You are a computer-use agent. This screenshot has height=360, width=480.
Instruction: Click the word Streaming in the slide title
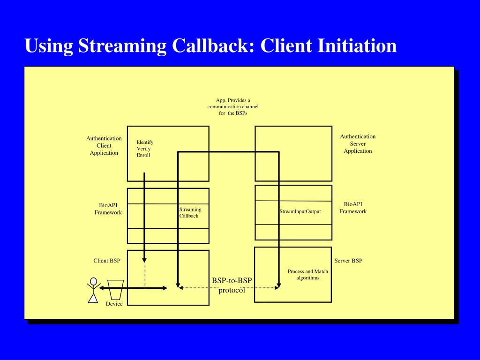pyautogui.click(x=122, y=46)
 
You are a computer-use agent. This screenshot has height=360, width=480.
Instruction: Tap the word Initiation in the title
pyautogui.click(x=357, y=45)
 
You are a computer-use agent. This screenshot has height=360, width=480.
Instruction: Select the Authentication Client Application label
pyautogui.click(x=104, y=145)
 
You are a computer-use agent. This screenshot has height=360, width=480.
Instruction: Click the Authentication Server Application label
pyautogui.click(x=358, y=143)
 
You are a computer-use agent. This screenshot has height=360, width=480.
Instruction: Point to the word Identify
pyautogui.click(x=145, y=142)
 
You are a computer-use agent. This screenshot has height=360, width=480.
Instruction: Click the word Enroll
pyautogui.click(x=143, y=155)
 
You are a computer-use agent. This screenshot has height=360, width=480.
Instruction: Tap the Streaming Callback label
pyautogui.click(x=190, y=212)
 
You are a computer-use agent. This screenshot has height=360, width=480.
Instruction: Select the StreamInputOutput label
pyautogui.click(x=300, y=211)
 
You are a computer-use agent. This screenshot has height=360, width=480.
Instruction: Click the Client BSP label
pyautogui.click(x=106, y=261)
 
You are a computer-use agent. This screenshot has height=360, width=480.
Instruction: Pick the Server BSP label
pyautogui.click(x=348, y=261)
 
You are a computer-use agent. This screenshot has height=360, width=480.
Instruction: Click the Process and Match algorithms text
pyautogui.click(x=307, y=275)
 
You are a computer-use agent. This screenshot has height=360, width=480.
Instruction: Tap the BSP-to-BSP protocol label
pyautogui.click(x=232, y=285)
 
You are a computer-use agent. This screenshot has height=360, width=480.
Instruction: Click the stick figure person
pyautogui.click(x=93, y=290)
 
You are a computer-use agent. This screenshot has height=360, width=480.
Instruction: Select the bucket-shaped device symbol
pyautogui.click(x=115, y=290)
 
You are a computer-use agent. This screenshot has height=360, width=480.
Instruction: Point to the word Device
pyautogui.click(x=114, y=304)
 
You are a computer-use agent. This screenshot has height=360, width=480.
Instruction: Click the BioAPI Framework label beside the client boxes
pyautogui.click(x=108, y=209)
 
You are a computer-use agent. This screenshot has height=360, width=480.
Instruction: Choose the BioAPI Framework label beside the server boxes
pyautogui.click(x=352, y=208)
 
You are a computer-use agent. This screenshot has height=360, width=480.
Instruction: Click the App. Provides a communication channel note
pyautogui.click(x=233, y=106)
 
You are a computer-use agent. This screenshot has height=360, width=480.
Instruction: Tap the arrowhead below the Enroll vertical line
pyautogui.click(x=144, y=261)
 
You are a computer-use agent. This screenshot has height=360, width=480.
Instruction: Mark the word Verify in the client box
pyautogui.click(x=143, y=149)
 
